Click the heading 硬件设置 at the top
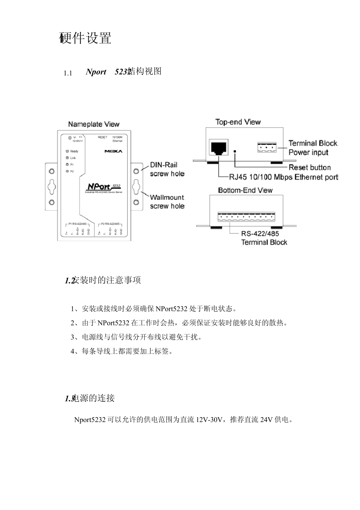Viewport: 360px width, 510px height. [86, 38]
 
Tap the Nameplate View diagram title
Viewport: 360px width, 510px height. [94, 124]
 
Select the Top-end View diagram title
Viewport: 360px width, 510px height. [238, 122]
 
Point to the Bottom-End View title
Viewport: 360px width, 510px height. [245, 190]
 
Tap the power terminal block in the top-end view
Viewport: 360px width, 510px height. [267, 147]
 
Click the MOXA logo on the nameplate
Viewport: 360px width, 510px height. [113, 151]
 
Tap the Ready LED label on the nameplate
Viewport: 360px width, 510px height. [74, 151]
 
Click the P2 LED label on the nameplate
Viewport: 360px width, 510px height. [72, 171]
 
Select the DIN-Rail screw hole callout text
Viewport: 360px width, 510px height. [167, 169]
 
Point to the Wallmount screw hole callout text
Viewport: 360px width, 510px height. [167, 202]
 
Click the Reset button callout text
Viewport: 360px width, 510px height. [310, 167]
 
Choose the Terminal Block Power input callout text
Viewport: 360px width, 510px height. [313, 148]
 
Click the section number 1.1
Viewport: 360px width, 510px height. [68, 73]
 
